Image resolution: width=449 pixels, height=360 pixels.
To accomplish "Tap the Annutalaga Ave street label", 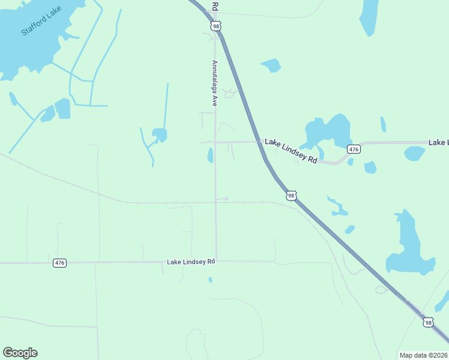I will (x=214, y=83).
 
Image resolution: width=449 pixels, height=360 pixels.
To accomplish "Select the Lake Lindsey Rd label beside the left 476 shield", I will (x=191, y=262).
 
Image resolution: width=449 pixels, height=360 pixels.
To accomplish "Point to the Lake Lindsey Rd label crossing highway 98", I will (x=291, y=151).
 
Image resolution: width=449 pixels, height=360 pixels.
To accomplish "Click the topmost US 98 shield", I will (x=216, y=26).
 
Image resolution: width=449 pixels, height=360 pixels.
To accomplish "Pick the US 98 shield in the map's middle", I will (x=291, y=196).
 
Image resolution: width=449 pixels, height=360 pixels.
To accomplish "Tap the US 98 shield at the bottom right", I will (x=428, y=322).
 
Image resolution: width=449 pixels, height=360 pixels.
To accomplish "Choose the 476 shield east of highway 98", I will (x=354, y=149).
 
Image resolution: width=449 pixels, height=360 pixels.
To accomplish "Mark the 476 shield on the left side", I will (x=59, y=263).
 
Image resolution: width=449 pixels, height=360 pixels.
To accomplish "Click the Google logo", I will (x=20, y=353).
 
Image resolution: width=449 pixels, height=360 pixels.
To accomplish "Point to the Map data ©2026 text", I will (x=424, y=355).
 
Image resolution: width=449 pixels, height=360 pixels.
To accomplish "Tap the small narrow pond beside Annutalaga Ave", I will (x=210, y=155).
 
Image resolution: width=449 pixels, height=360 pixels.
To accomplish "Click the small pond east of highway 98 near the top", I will (x=272, y=65).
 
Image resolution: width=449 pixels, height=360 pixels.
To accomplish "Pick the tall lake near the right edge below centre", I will (x=408, y=246).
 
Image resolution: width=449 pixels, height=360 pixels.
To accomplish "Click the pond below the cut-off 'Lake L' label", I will (x=414, y=154).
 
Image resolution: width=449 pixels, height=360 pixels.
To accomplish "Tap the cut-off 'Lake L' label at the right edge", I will (x=438, y=142).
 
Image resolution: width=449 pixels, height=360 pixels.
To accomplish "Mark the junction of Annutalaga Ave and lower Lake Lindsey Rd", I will (x=216, y=262).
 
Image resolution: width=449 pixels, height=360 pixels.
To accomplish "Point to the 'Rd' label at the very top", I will (x=214, y=5).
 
